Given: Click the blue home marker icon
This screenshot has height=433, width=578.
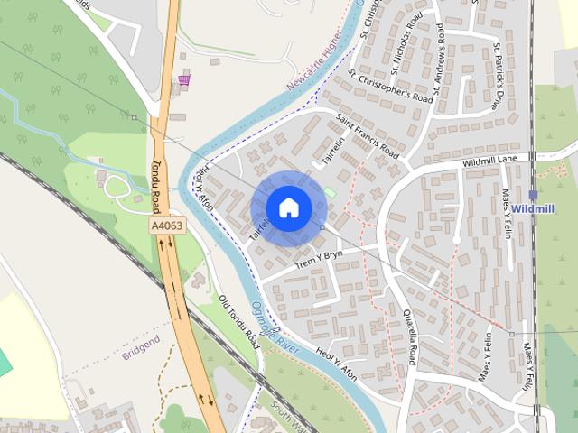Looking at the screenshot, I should pyautogui.click(x=288, y=208).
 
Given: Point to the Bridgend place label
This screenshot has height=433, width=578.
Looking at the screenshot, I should pyautogui.click(x=140, y=342).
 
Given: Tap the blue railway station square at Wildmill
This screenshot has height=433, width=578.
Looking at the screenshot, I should pyautogui.click(x=533, y=195).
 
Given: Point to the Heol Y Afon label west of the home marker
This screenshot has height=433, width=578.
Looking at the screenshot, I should pyautogui.click(x=205, y=190).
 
